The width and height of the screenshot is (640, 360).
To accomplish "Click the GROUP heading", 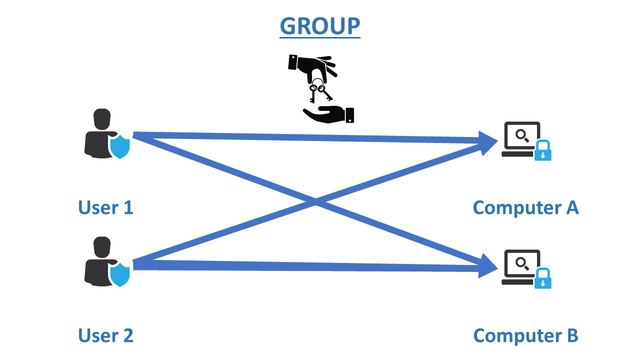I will pyautogui.click(x=320, y=26).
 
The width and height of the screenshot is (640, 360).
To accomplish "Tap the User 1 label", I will pyautogui.click(x=105, y=207).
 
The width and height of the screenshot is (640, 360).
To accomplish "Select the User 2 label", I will pyautogui.click(x=105, y=335).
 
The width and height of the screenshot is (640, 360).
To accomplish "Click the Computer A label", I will pyautogui.click(x=525, y=207).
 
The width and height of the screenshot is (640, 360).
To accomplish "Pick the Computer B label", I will pyautogui.click(x=525, y=335).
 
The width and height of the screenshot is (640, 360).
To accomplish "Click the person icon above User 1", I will pyautogui.click(x=100, y=132).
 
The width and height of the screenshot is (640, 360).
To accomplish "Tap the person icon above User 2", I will pyautogui.click(x=100, y=260).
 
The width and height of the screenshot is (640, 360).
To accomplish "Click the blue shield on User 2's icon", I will pyautogui.click(x=120, y=274).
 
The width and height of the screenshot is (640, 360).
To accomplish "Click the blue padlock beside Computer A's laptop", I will pyautogui.click(x=543, y=151).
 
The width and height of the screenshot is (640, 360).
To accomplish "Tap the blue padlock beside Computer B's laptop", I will pyautogui.click(x=543, y=279).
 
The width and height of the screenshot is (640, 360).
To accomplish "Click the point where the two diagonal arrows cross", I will pyautogui.click(x=315, y=201).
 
